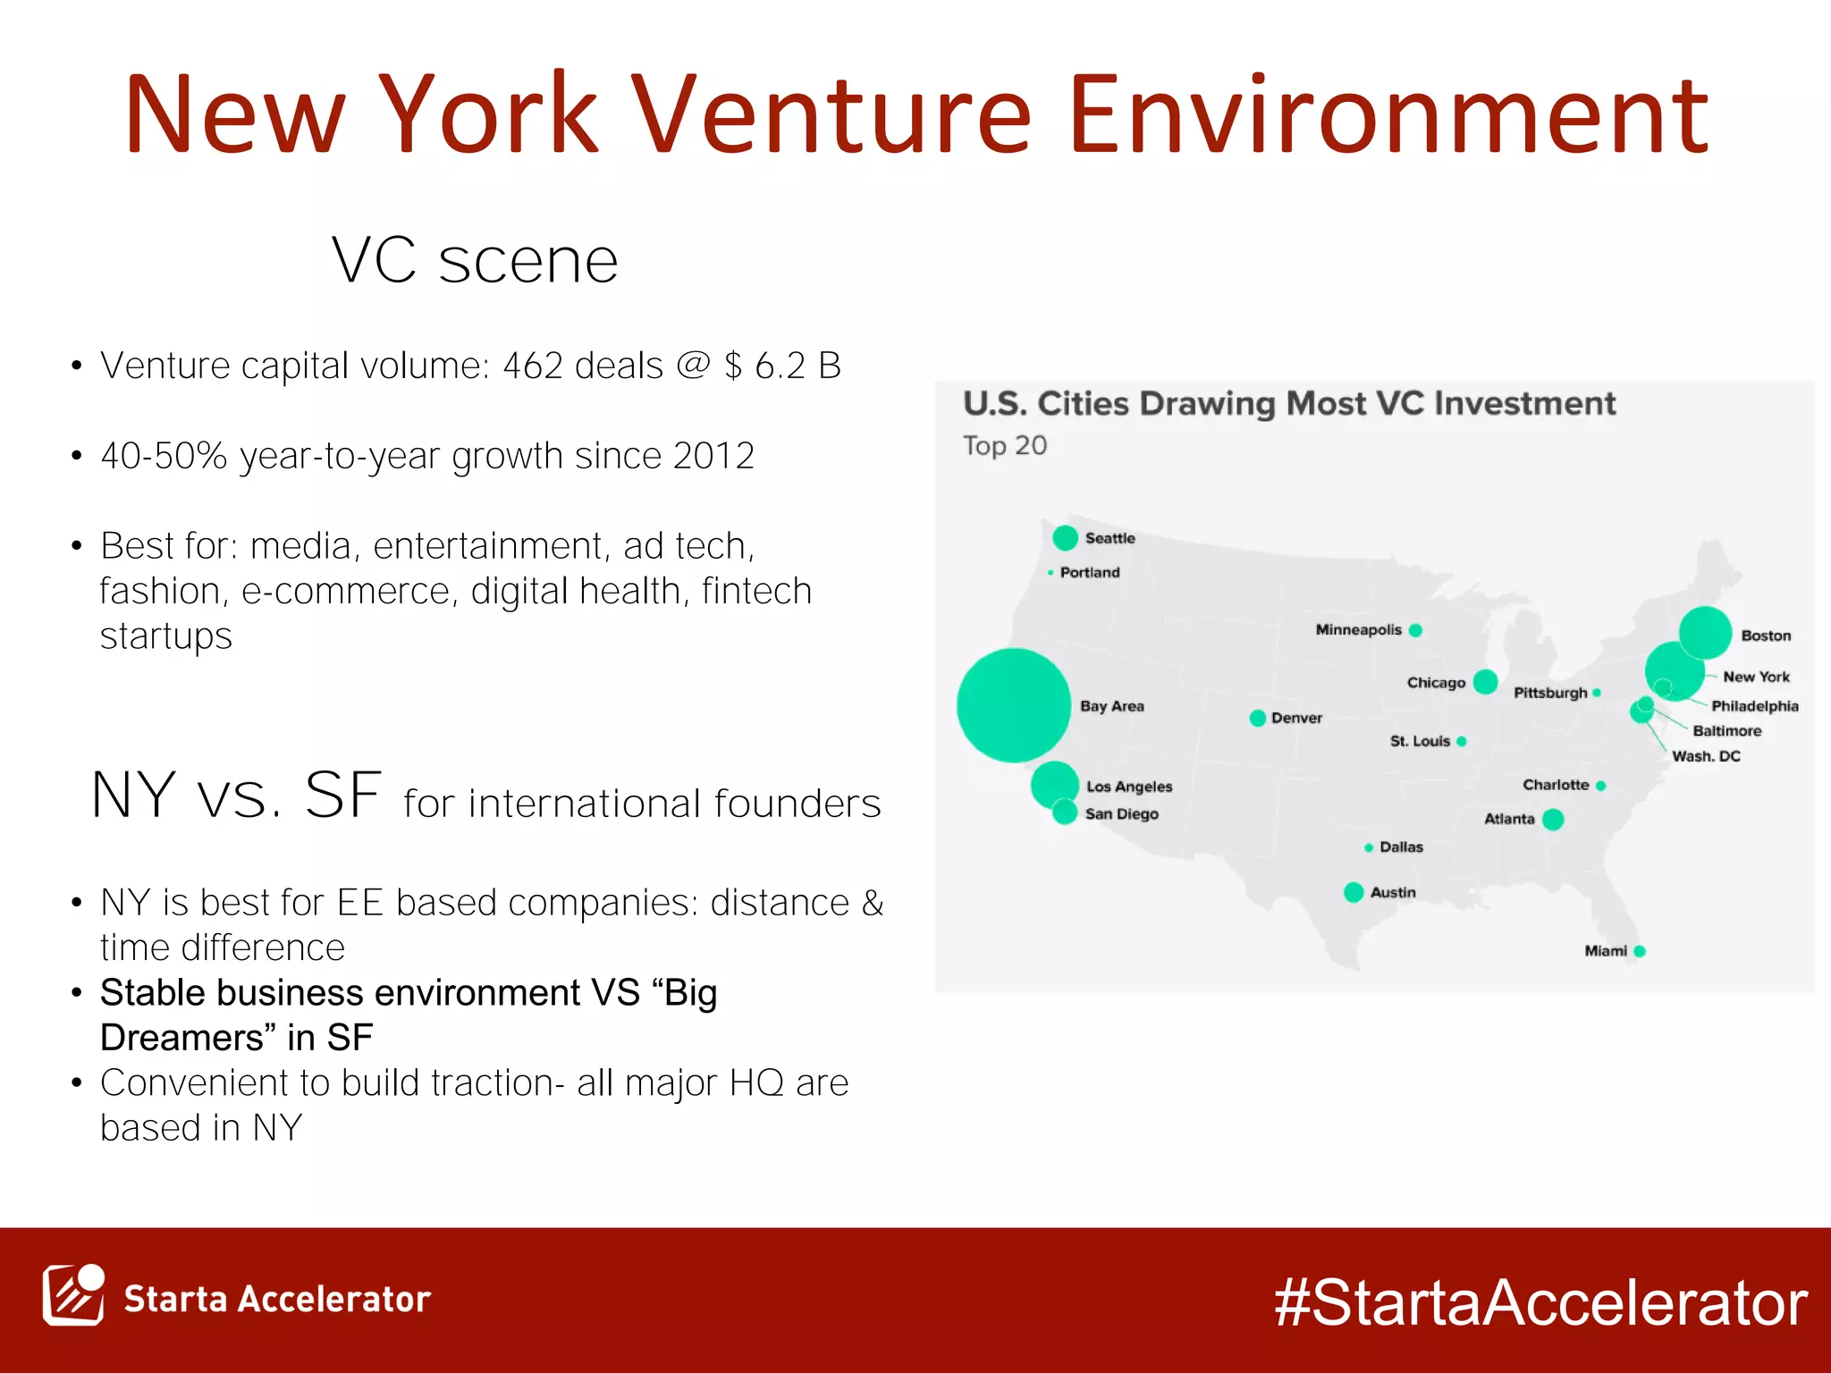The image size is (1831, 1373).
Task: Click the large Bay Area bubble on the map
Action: click(1013, 705)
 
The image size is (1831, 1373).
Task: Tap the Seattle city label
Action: click(1110, 538)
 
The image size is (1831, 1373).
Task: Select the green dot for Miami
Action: click(1640, 951)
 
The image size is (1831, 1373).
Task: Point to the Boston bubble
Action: click(1705, 632)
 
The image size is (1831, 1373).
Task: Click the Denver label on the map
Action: click(1296, 718)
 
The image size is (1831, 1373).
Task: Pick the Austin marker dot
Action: click(1354, 892)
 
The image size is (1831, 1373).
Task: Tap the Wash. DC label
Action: click(1706, 756)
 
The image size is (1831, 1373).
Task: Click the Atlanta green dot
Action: click(1553, 819)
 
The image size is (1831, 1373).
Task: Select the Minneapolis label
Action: click(1358, 630)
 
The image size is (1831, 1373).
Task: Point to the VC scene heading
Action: click(475, 261)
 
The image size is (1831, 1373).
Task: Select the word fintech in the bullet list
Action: click(756, 591)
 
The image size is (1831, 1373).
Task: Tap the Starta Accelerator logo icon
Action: click(73, 1295)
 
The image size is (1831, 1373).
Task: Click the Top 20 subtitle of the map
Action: click(1004, 445)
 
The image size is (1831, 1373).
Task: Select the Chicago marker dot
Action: click(1485, 682)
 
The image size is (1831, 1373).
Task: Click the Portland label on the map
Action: click(1089, 572)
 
